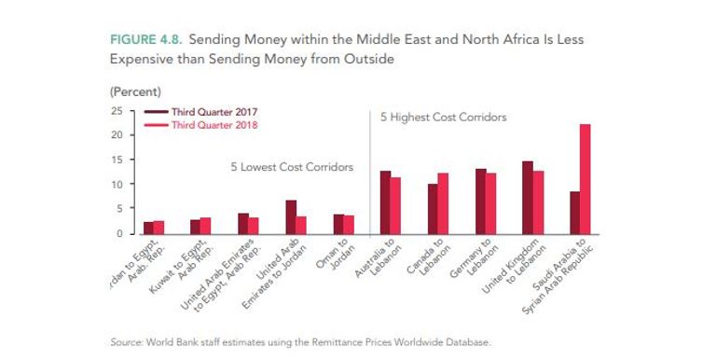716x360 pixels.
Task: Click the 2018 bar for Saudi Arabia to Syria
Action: point(585,179)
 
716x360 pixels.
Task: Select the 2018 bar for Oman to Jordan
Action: point(349,225)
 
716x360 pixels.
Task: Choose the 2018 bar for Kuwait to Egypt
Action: point(205,226)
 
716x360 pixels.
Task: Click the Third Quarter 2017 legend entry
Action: point(213,111)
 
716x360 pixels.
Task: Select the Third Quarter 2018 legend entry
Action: point(213,124)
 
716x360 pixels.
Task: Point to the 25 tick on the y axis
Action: point(117,111)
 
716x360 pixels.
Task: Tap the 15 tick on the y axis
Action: point(117,159)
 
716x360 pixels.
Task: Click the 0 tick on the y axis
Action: point(119,233)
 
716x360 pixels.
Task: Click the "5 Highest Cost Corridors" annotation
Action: point(443,118)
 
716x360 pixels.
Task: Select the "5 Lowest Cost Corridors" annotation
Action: point(292,167)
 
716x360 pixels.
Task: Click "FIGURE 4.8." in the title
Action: point(148,41)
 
